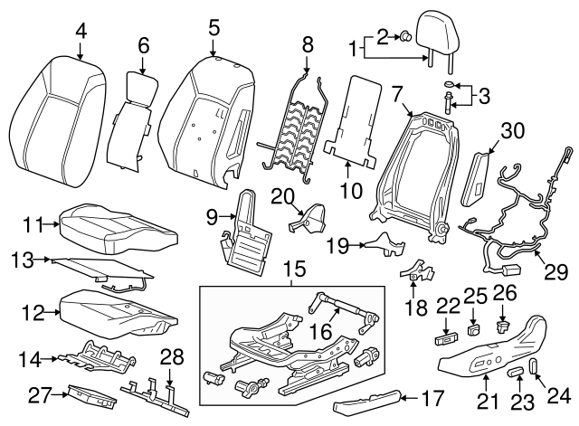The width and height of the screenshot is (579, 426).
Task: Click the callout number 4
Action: click(81, 32)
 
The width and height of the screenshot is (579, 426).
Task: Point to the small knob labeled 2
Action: click(407, 37)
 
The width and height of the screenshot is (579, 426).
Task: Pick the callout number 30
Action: click(512, 131)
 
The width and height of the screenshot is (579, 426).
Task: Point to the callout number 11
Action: click(34, 223)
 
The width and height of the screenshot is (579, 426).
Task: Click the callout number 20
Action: click(282, 195)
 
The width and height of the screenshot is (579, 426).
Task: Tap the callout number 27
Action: click(36, 393)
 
